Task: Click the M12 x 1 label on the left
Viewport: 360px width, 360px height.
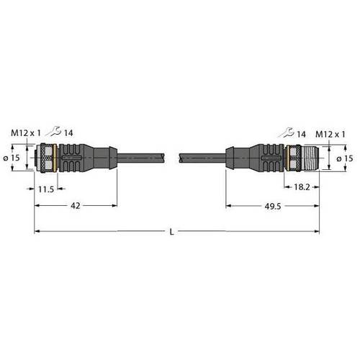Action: coord(26,132)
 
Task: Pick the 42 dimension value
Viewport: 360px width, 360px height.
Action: coord(74,205)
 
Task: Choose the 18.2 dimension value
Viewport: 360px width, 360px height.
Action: coord(303,186)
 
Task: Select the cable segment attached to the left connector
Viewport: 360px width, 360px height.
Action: coord(140,156)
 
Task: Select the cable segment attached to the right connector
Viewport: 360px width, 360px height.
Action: coord(202,156)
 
